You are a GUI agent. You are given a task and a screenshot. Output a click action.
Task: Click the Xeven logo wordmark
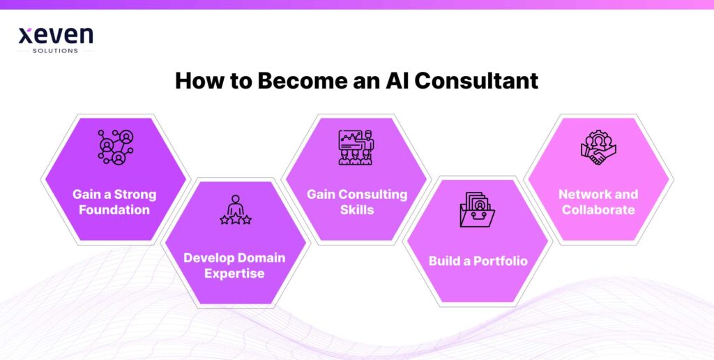coord(55,36)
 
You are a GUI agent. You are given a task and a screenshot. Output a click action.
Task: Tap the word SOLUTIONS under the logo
coord(55,51)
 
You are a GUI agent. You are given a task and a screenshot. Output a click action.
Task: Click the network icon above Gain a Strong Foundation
coord(115,147)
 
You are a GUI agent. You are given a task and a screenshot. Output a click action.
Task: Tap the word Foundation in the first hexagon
coord(115,209)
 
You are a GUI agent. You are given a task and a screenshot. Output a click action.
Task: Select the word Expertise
coord(234,273)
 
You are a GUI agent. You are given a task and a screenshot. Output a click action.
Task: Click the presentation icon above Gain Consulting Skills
coord(356,147)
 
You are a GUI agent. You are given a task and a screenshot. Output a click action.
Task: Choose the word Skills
coord(357,209)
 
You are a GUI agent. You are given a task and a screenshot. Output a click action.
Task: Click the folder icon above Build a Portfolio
coord(477,209)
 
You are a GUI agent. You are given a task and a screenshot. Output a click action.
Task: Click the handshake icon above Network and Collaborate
coord(598,147)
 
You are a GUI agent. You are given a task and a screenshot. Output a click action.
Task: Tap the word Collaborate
coord(598,209)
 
